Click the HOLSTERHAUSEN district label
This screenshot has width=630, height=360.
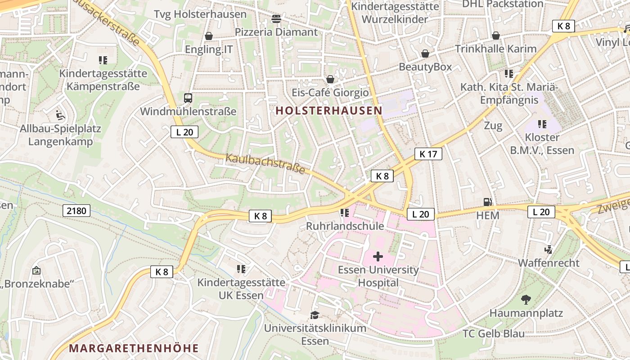point(328,110)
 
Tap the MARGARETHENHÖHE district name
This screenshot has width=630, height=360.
point(134,348)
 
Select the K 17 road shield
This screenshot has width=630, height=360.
point(428,154)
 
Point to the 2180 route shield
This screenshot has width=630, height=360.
point(76,211)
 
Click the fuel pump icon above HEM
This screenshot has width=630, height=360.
point(487,202)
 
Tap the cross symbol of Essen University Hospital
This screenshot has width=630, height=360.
point(378,256)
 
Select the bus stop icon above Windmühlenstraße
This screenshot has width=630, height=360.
point(188,98)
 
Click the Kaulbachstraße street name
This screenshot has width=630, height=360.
point(265,163)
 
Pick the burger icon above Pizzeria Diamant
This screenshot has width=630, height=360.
point(276,19)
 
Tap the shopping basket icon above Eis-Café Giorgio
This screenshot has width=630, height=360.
point(330,79)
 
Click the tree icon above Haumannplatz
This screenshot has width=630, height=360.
point(526,299)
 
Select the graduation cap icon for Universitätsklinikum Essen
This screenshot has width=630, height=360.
point(315,315)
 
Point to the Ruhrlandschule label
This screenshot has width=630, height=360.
point(345,226)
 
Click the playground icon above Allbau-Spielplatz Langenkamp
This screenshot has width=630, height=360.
point(60,116)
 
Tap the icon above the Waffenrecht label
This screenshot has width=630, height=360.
point(549,249)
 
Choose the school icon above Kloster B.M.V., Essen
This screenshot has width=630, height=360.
point(542,124)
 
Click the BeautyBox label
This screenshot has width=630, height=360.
point(425,67)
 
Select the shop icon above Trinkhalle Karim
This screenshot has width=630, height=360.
point(496,36)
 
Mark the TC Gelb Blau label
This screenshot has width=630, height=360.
point(494,333)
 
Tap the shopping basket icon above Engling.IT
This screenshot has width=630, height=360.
point(209,36)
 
